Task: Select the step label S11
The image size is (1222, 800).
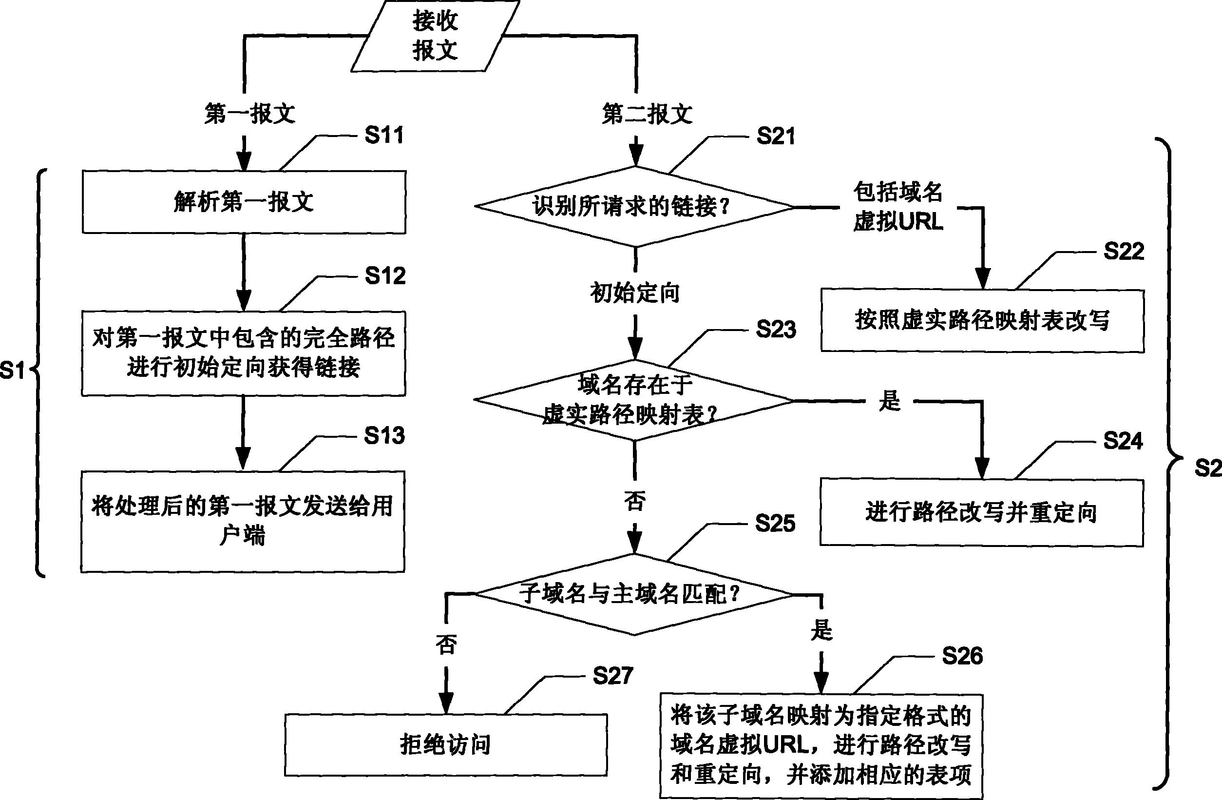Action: pyautogui.click(x=384, y=136)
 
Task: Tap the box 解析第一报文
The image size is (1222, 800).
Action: pyautogui.click(x=244, y=202)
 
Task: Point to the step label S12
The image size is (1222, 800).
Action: pyautogui.click(x=385, y=276)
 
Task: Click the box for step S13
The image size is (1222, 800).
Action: pyautogui.click(x=243, y=521)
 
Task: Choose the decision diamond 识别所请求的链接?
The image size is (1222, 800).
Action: pyautogui.click(x=634, y=207)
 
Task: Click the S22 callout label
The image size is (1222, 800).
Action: pyautogui.click(x=1124, y=252)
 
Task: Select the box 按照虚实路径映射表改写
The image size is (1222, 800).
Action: pyautogui.click(x=982, y=321)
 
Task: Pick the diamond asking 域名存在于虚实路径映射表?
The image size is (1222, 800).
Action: pyautogui.click(x=634, y=400)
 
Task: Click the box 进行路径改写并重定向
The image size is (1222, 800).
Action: pyautogui.click(x=981, y=512)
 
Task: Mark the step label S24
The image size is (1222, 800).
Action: pyautogui.click(x=1123, y=441)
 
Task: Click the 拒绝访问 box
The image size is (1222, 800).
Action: pyautogui.click(x=446, y=744)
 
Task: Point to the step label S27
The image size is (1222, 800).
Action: pyautogui.click(x=612, y=676)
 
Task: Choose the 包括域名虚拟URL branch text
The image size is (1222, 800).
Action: pyautogui.click(x=898, y=207)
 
